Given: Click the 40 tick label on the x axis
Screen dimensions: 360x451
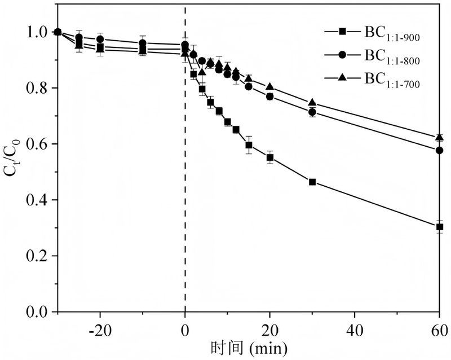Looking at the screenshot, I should click(x=355, y=327).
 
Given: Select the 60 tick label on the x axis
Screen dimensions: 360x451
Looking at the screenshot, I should click(x=439, y=327).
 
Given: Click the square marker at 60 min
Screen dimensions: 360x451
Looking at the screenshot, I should click(x=439, y=227).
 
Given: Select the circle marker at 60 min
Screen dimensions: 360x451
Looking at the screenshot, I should click(x=439, y=150).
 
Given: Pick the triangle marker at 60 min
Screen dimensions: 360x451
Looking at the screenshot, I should click(x=439, y=137).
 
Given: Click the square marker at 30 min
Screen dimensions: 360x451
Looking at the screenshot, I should click(x=312, y=182).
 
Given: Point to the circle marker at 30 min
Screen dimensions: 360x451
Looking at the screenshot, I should click(x=312, y=112).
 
